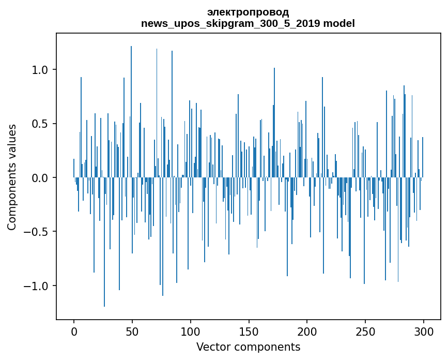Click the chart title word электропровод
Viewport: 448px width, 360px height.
(x=248, y=12)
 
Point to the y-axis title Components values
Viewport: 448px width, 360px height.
(x=12, y=177)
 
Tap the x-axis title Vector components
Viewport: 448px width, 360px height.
(x=248, y=347)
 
